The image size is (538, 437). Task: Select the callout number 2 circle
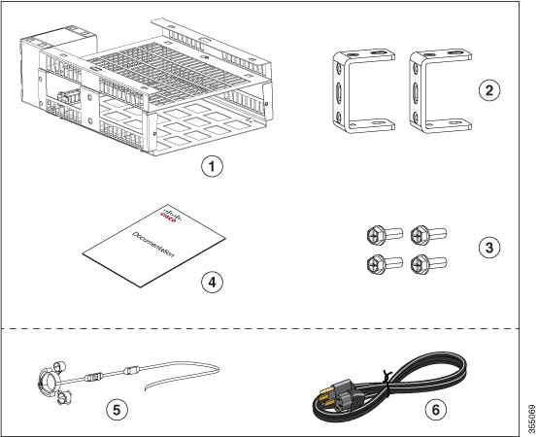(490, 90)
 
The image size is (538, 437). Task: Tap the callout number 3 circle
(490, 247)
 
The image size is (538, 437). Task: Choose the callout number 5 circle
(116, 410)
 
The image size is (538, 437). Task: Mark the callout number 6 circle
(434, 410)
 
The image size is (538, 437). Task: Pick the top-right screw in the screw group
(424, 234)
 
